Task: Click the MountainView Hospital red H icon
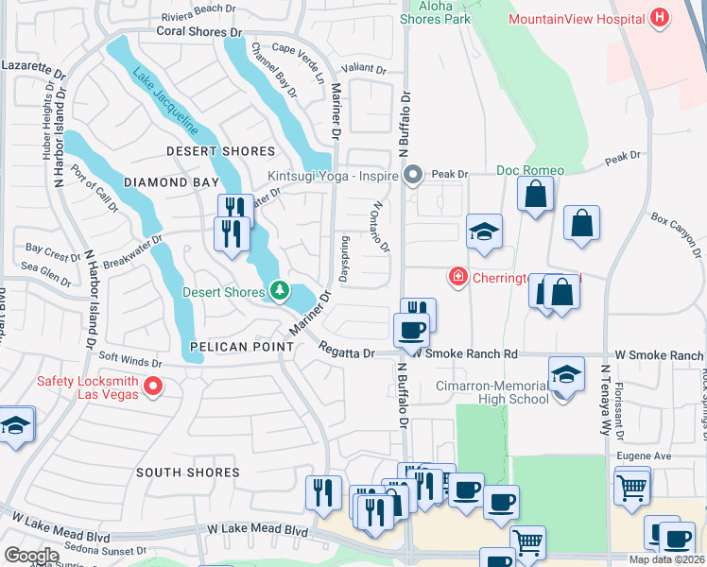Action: tap(661, 18)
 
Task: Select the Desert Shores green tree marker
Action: tap(279, 291)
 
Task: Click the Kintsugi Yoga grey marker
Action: tap(412, 175)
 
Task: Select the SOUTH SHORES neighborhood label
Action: tap(187, 472)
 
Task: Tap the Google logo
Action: tap(31, 555)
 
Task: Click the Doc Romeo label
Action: tap(530, 170)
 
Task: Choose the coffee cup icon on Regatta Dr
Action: tap(410, 331)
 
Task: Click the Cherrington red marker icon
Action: tap(457, 277)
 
